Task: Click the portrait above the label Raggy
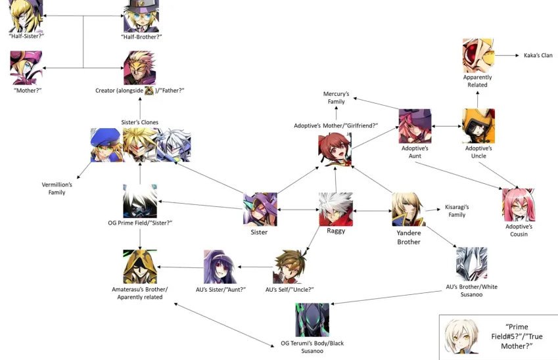coord(335,209)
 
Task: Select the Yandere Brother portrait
coord(408,209)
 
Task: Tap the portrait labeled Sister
coord(260,209)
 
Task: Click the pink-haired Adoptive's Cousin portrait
coord(519,204)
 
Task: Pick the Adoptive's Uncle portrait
coord(478,126)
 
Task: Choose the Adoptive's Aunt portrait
coord(415,126)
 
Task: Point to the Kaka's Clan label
coord(538,55)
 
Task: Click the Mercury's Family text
coord(337,98)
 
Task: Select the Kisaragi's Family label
coord(456,210)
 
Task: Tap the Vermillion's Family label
coord(57,189)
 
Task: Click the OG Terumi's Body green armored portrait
coord(312,320)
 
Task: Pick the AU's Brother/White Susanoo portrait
coord(471,264)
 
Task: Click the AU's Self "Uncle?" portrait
coord(290,266)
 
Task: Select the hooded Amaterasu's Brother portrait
coord(139,266)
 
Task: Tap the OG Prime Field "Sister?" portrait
coord(139,201)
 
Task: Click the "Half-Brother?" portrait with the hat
coord(141,16)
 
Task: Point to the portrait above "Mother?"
coord(26,68)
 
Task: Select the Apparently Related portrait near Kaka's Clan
coord(478,55)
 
